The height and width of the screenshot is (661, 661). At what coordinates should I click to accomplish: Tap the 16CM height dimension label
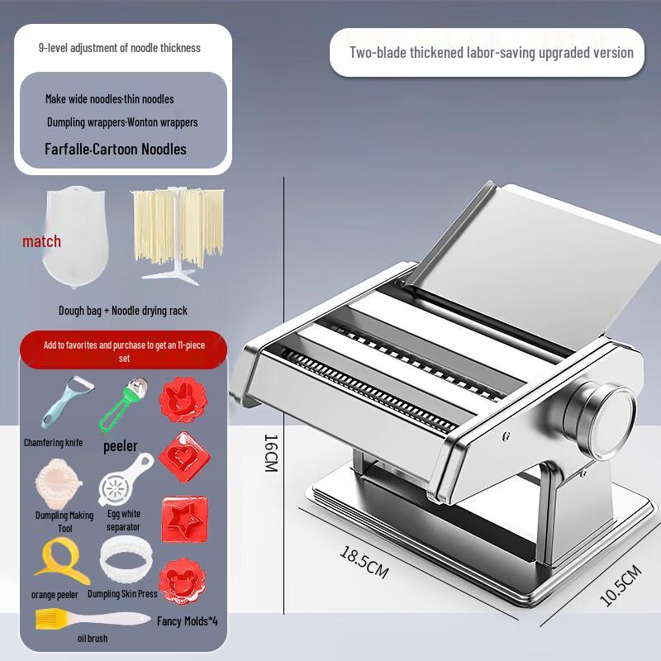click(271, 453)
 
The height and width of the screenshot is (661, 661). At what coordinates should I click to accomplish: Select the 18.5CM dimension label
click(364, 563)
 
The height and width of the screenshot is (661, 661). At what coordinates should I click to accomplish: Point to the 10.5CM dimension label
click(621, 585)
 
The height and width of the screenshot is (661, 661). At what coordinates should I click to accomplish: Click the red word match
click(42, 241)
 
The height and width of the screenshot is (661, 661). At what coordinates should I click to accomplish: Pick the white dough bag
click(75, 237)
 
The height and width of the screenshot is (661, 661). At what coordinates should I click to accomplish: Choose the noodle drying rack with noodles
click(178, 234)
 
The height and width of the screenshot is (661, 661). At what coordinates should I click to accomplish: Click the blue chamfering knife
click(67, 401)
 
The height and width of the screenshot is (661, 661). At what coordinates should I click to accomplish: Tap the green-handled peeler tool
click(123, 403)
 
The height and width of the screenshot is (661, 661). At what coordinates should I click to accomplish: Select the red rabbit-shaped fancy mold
click(183, 400)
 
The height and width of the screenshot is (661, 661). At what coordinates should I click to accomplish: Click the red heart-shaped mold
click(184, 457)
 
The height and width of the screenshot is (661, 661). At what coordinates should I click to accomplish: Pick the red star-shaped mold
click(184, 519)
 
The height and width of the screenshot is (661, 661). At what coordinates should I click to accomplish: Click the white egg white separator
click(126, 480)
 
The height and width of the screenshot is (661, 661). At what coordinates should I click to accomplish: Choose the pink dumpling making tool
click(59, 485)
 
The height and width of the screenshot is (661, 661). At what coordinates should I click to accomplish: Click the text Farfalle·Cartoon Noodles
click(116, 149)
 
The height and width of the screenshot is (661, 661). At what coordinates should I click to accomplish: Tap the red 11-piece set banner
click(123, 350)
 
